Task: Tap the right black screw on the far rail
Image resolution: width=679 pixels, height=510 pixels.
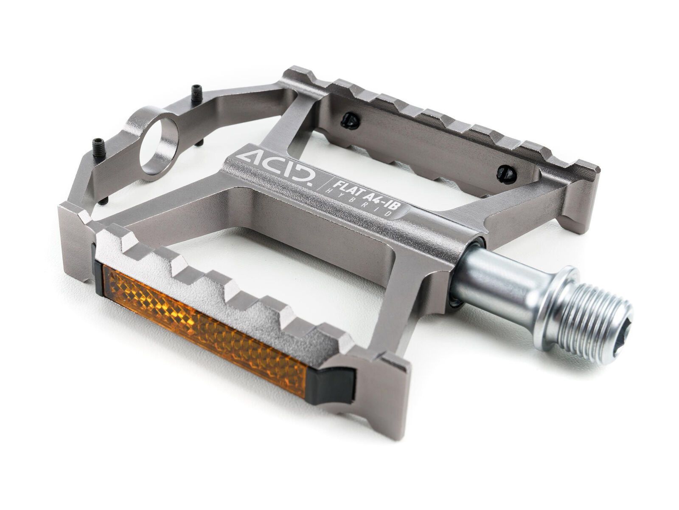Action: (x=507, y=172)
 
